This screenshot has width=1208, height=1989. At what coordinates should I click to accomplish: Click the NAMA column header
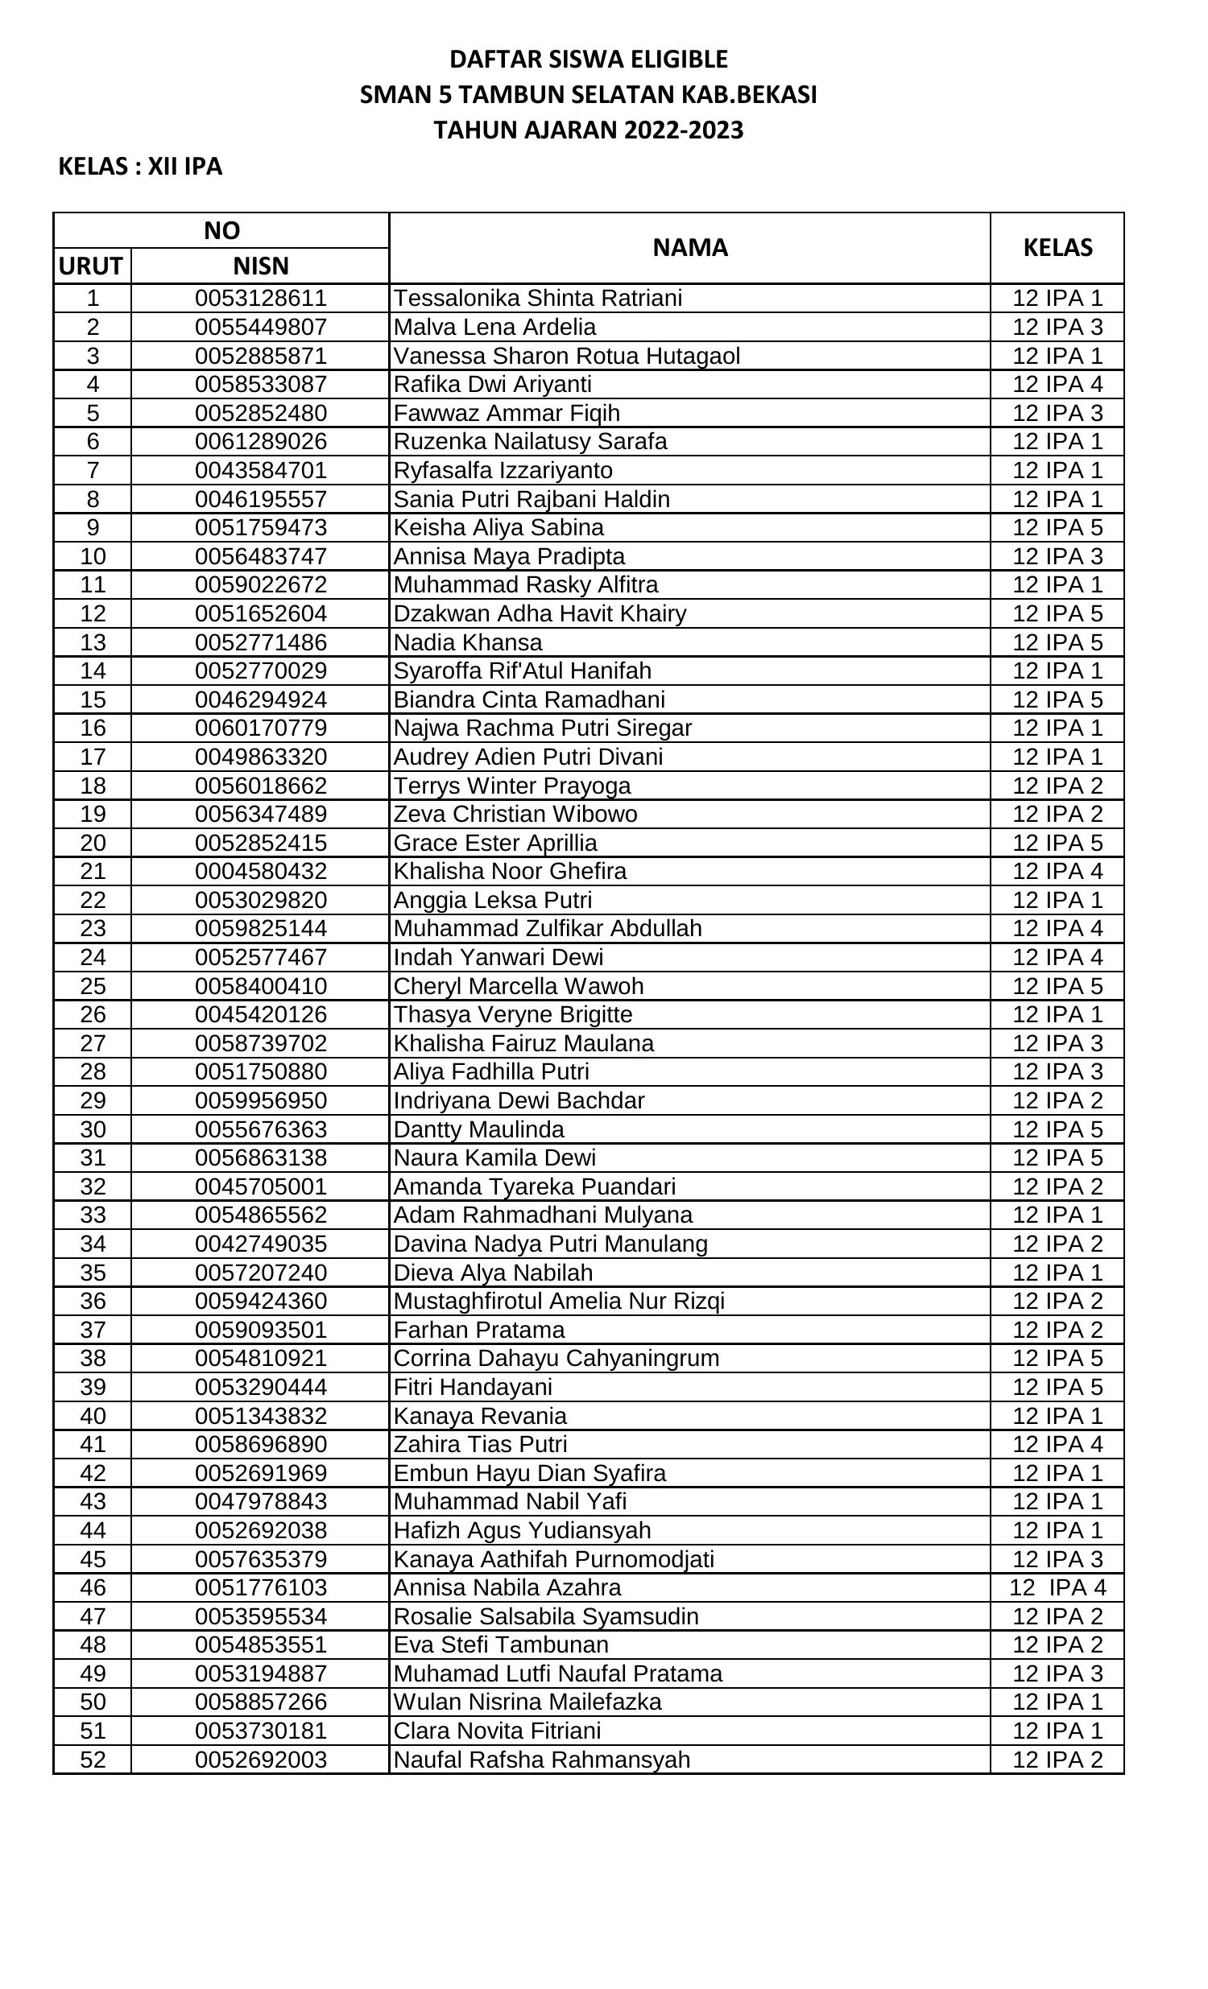pyautogui.click(x=689, y=248)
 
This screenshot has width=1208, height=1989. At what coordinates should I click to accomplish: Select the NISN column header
pyautogui.click(x=260, y=266)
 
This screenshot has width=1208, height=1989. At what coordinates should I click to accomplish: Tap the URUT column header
pyautogui.click(x=91, y=266)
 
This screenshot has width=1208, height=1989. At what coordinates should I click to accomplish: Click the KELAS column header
pyautogui.click(x=1057, y=248)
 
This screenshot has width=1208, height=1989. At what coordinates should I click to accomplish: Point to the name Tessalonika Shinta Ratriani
pyautogui.click(x=538, y=299)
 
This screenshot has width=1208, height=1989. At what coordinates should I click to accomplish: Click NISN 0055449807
pyautogui.click(x=261, y=327)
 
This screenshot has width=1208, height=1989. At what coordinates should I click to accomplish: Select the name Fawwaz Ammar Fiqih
pyautogui.click(x=507, y=413)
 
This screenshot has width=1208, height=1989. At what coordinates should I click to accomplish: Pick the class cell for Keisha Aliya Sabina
pyautogui.click(x=1057, y=528)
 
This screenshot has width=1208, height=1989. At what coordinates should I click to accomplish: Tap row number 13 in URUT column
pyautogui.click(x=93, y=642)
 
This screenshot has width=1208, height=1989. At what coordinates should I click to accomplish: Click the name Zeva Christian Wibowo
pyautogui.click(x=515, y=814)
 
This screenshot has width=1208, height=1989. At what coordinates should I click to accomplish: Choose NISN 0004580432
pyautogui.click(x=261, y=871)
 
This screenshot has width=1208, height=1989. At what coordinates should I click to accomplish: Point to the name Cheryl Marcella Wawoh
pyautogui.click(x=519, y=986)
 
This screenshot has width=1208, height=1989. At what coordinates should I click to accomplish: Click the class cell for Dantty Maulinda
pyautogui.click(x=1057, y=1129)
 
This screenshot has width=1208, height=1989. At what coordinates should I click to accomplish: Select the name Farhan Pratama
pyautogui.click(x=479, y=1330)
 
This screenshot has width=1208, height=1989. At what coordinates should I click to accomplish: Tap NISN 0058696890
pyautogui.click(x=261, y=1444)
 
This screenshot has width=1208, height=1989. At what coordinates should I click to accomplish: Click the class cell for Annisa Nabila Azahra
pyautogui.click(x=1057, y=1587)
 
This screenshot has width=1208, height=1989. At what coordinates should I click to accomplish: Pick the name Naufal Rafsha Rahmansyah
pyautogui.click(x=542, y=1760)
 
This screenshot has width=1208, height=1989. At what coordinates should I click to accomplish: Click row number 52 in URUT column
pyautogui.click(x=93, y=1760)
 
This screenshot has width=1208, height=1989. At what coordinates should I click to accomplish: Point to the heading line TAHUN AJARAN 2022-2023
pyautogui.click(x=588, y=130)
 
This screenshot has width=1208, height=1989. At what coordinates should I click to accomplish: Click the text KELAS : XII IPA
pyautogui.click(x=139, y=167)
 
